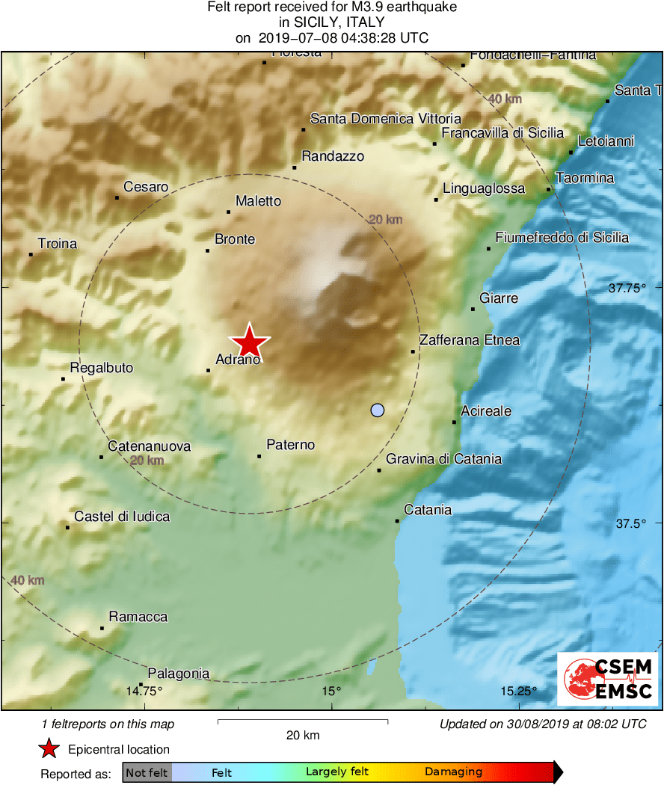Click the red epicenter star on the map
click(x=249, y=342)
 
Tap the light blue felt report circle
click(x=378, y=410)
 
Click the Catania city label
click(x=428, y=510)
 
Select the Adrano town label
click(x=238, y=360)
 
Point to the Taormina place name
click(x=585, y=178)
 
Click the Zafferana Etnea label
click(x=469, y=340)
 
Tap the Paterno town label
click(x=291, y=445)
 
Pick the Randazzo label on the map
click(x=333, y=156)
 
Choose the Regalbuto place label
click(x=102, y=368)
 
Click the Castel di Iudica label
click(x=122, y=517)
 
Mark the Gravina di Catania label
click(x=443, y=459)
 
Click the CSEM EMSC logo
click(x=607, y=679)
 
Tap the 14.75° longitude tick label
click(x=144, y=690)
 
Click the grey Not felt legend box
click(x=147, y=772)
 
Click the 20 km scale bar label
click(x=303, y=735)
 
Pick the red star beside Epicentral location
click(x=49, y=749)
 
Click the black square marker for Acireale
click(x=454, y=422)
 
